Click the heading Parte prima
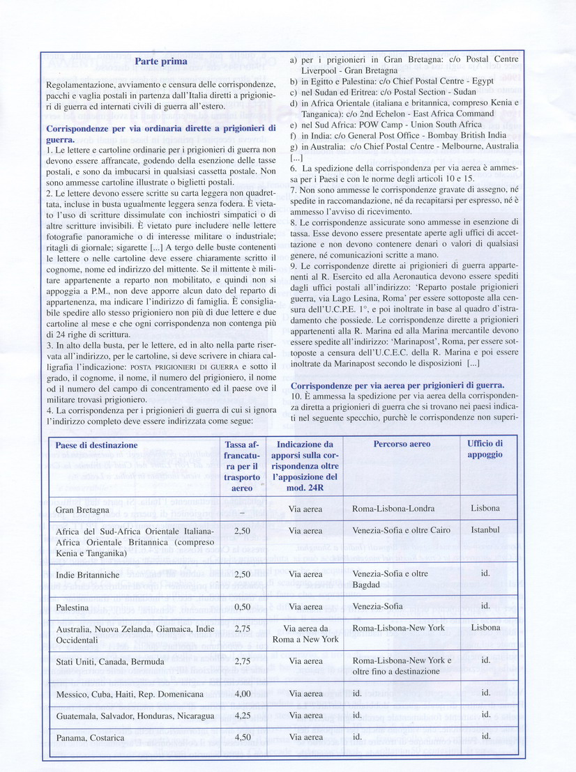point(161,61)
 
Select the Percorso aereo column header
point(401,444)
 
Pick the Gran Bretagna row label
point(82,510)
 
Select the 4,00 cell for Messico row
point(241,694)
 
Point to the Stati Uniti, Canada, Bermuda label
point(110,661)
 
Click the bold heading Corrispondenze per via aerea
point(397,385)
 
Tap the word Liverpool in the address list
point(322,70)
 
